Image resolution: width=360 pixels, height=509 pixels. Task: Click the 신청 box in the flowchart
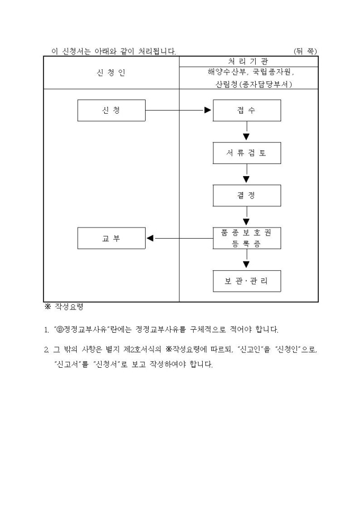(111, 110)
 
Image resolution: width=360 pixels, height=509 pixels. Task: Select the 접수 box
(247, 110)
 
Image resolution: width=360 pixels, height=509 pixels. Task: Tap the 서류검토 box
(247, 153)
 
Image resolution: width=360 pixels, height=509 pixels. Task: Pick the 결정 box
(247, 195)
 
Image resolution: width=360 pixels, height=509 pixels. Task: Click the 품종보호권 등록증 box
(247, 238)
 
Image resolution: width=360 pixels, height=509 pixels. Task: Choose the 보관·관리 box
(247, 281)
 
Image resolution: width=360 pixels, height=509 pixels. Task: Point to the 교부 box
(111, 238)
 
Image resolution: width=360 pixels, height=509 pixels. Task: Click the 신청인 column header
(111, 72)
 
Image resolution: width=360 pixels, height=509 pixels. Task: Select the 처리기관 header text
(249, 61)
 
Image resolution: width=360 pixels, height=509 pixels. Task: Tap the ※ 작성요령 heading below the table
(64, 307)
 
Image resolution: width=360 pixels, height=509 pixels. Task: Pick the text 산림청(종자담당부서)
(249, 84)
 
